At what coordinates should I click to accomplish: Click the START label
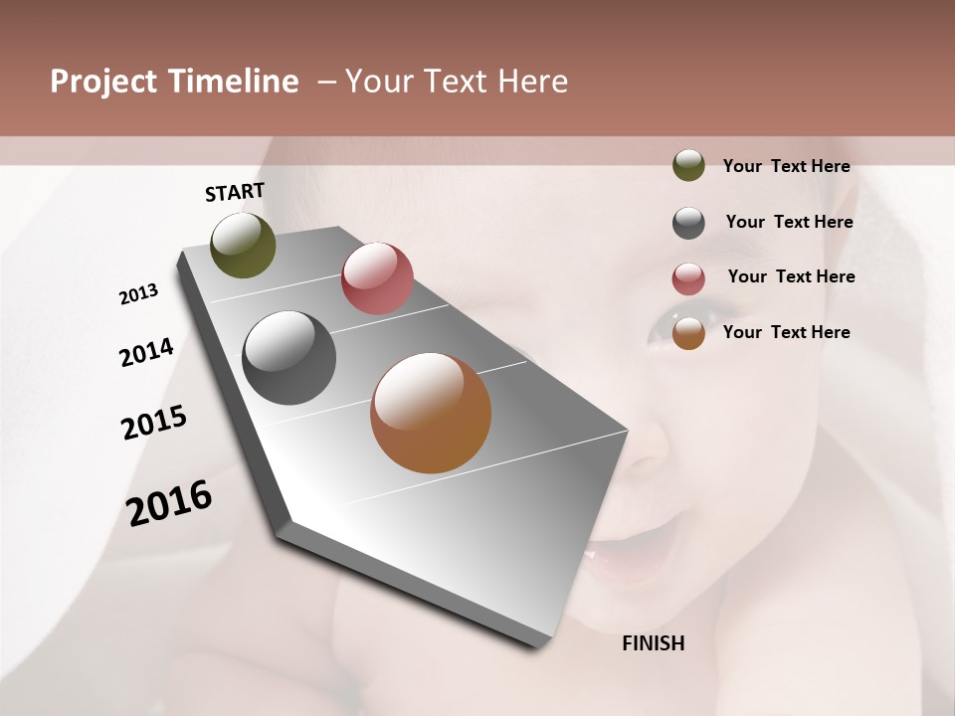coord(235,192)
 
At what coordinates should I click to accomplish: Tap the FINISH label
coord(654,643)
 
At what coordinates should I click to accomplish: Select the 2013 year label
coord(139,294)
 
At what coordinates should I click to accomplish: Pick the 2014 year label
coord(146,352)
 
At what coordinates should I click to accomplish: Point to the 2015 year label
coord(154,423)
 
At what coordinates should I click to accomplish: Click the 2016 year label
coord(169,503)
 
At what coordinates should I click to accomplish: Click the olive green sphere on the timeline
coord(243,245)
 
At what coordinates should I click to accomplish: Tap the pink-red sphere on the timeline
coord(377,278)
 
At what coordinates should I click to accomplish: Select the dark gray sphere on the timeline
coord(289,358)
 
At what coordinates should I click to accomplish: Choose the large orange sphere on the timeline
coord(431,413)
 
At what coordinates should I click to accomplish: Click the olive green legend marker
coord(688,166)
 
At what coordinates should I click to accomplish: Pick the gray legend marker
coord(688,223)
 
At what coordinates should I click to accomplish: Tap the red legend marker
coord(688,278)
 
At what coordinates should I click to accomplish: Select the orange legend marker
coord(688,333)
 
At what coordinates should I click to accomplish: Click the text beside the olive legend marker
coord(786,166)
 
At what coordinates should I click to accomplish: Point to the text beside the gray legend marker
coord(789,222)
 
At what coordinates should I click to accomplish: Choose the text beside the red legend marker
coord(791,276)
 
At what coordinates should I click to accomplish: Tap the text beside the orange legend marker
coord(786,332)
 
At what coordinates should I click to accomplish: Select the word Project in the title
coord(102,82)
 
